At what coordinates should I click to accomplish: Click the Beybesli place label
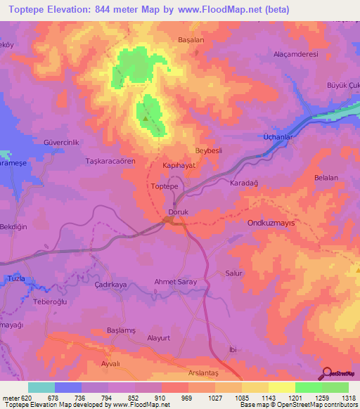pyautogui.click(x=208, y=151)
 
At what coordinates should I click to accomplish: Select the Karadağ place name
pyautogui.click(x=245, y=183)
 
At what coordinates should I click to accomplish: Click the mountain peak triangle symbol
pyautogui.click(x=146, y=118)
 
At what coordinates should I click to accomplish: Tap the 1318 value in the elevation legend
pyautogui.click(x=347, y=398)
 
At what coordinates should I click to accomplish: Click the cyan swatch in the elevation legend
pyautogui.click(x=41, y=387)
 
